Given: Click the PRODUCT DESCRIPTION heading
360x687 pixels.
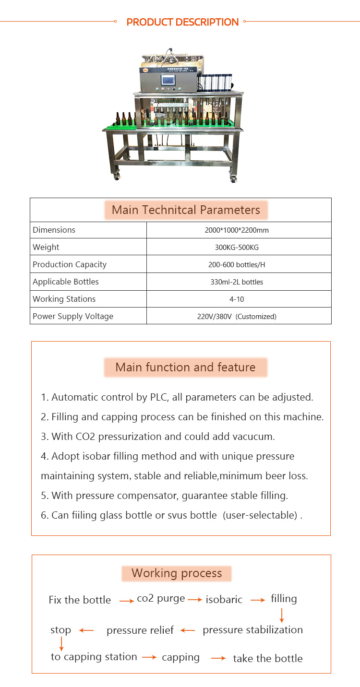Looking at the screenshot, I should [x=182, y=22].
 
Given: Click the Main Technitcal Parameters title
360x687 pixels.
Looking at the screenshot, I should [x=186, y=210].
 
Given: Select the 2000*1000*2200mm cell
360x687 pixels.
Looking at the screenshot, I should [x=237, y=230].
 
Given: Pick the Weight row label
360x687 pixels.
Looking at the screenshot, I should [x=46, y=247].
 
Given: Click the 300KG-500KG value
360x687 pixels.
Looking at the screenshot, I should [x=237, y=247].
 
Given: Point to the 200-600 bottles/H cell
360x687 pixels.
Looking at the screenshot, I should [x=237, y=264].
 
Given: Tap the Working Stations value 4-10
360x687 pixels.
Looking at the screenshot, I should [x=237, y=299].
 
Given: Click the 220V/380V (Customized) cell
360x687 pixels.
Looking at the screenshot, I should [x=237, y=316].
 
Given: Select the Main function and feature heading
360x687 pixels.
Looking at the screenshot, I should [x=185, y=367].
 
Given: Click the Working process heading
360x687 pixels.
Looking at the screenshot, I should [x=177, y=573].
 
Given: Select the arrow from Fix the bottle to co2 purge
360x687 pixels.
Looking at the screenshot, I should [x=127, y=601].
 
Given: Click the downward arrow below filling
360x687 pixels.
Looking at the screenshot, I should [x=282, y=615].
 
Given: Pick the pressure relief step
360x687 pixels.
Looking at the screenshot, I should [x=140, y=630].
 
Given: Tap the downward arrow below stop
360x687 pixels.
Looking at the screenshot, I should [x=61, y=643].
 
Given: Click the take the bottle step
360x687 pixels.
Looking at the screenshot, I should [x=268, y=659].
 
